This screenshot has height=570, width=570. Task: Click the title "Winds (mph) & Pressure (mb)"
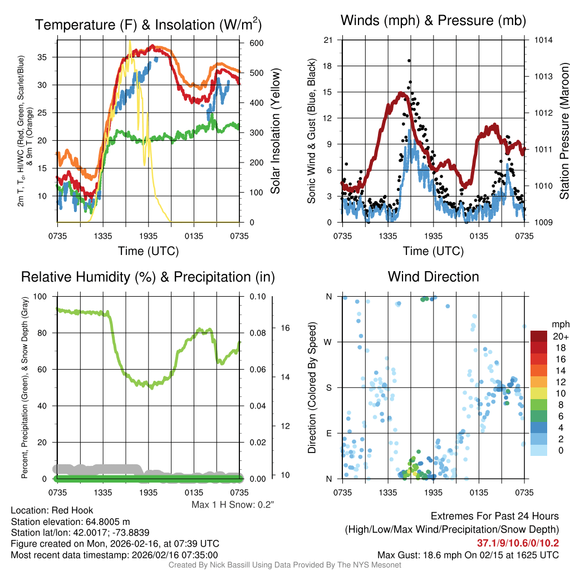(433, 21)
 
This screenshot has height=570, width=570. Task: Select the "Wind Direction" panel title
(433, 277)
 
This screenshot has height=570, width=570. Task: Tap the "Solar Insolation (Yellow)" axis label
(276, 131)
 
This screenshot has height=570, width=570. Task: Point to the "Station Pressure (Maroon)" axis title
(563, 131)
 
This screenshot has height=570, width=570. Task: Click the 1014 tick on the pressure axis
(543, 40)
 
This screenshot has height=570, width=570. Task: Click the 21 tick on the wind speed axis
(328, 40)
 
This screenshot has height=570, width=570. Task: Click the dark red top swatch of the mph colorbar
(539, 336)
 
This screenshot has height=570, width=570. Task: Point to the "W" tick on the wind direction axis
(328, 342)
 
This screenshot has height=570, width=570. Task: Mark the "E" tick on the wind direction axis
(328, 433)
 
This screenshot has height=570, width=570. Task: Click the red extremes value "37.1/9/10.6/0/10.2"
(518, 543)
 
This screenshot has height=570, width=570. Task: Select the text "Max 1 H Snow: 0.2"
(233, 505)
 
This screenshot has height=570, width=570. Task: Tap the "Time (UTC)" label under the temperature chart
(149, 251)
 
